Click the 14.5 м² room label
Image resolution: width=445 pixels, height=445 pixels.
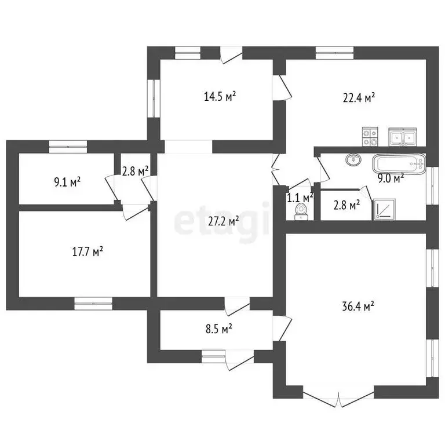[x=220, y=97]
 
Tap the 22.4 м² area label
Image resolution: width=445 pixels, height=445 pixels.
[x=359, y=97]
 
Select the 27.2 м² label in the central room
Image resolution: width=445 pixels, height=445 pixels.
[x=223, y=221]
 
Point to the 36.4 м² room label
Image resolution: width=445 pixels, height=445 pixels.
[x=358, y=306]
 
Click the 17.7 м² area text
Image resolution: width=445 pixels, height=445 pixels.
[x=87, y=251]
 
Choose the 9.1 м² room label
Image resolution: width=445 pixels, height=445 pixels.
[x=67, y=182]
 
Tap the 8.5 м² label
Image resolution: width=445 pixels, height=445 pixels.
[x=219, y=329]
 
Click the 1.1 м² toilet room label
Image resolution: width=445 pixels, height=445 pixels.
[x=300, y=198]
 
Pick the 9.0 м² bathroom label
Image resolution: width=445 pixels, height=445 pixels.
[x=391, y=179]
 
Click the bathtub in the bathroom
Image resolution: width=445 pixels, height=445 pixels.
[x=399, y=164]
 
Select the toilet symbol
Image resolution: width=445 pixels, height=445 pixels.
[x=301, y=212]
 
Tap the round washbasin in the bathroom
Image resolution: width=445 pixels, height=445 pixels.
[x=353, y=159]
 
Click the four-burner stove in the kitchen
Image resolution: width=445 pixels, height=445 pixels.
[x=370, y=137]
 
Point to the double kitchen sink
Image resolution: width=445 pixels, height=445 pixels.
[x=403, y=137]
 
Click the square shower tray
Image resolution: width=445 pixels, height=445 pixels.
[x=384, y=209]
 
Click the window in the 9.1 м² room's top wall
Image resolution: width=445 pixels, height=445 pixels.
[x=68, y=147]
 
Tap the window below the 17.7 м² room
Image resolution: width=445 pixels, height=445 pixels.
[x=93, y=304]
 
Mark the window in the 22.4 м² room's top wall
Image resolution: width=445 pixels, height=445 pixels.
[x=334, y=53]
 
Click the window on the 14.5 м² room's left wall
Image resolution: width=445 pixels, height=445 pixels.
[x=154, y=98]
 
